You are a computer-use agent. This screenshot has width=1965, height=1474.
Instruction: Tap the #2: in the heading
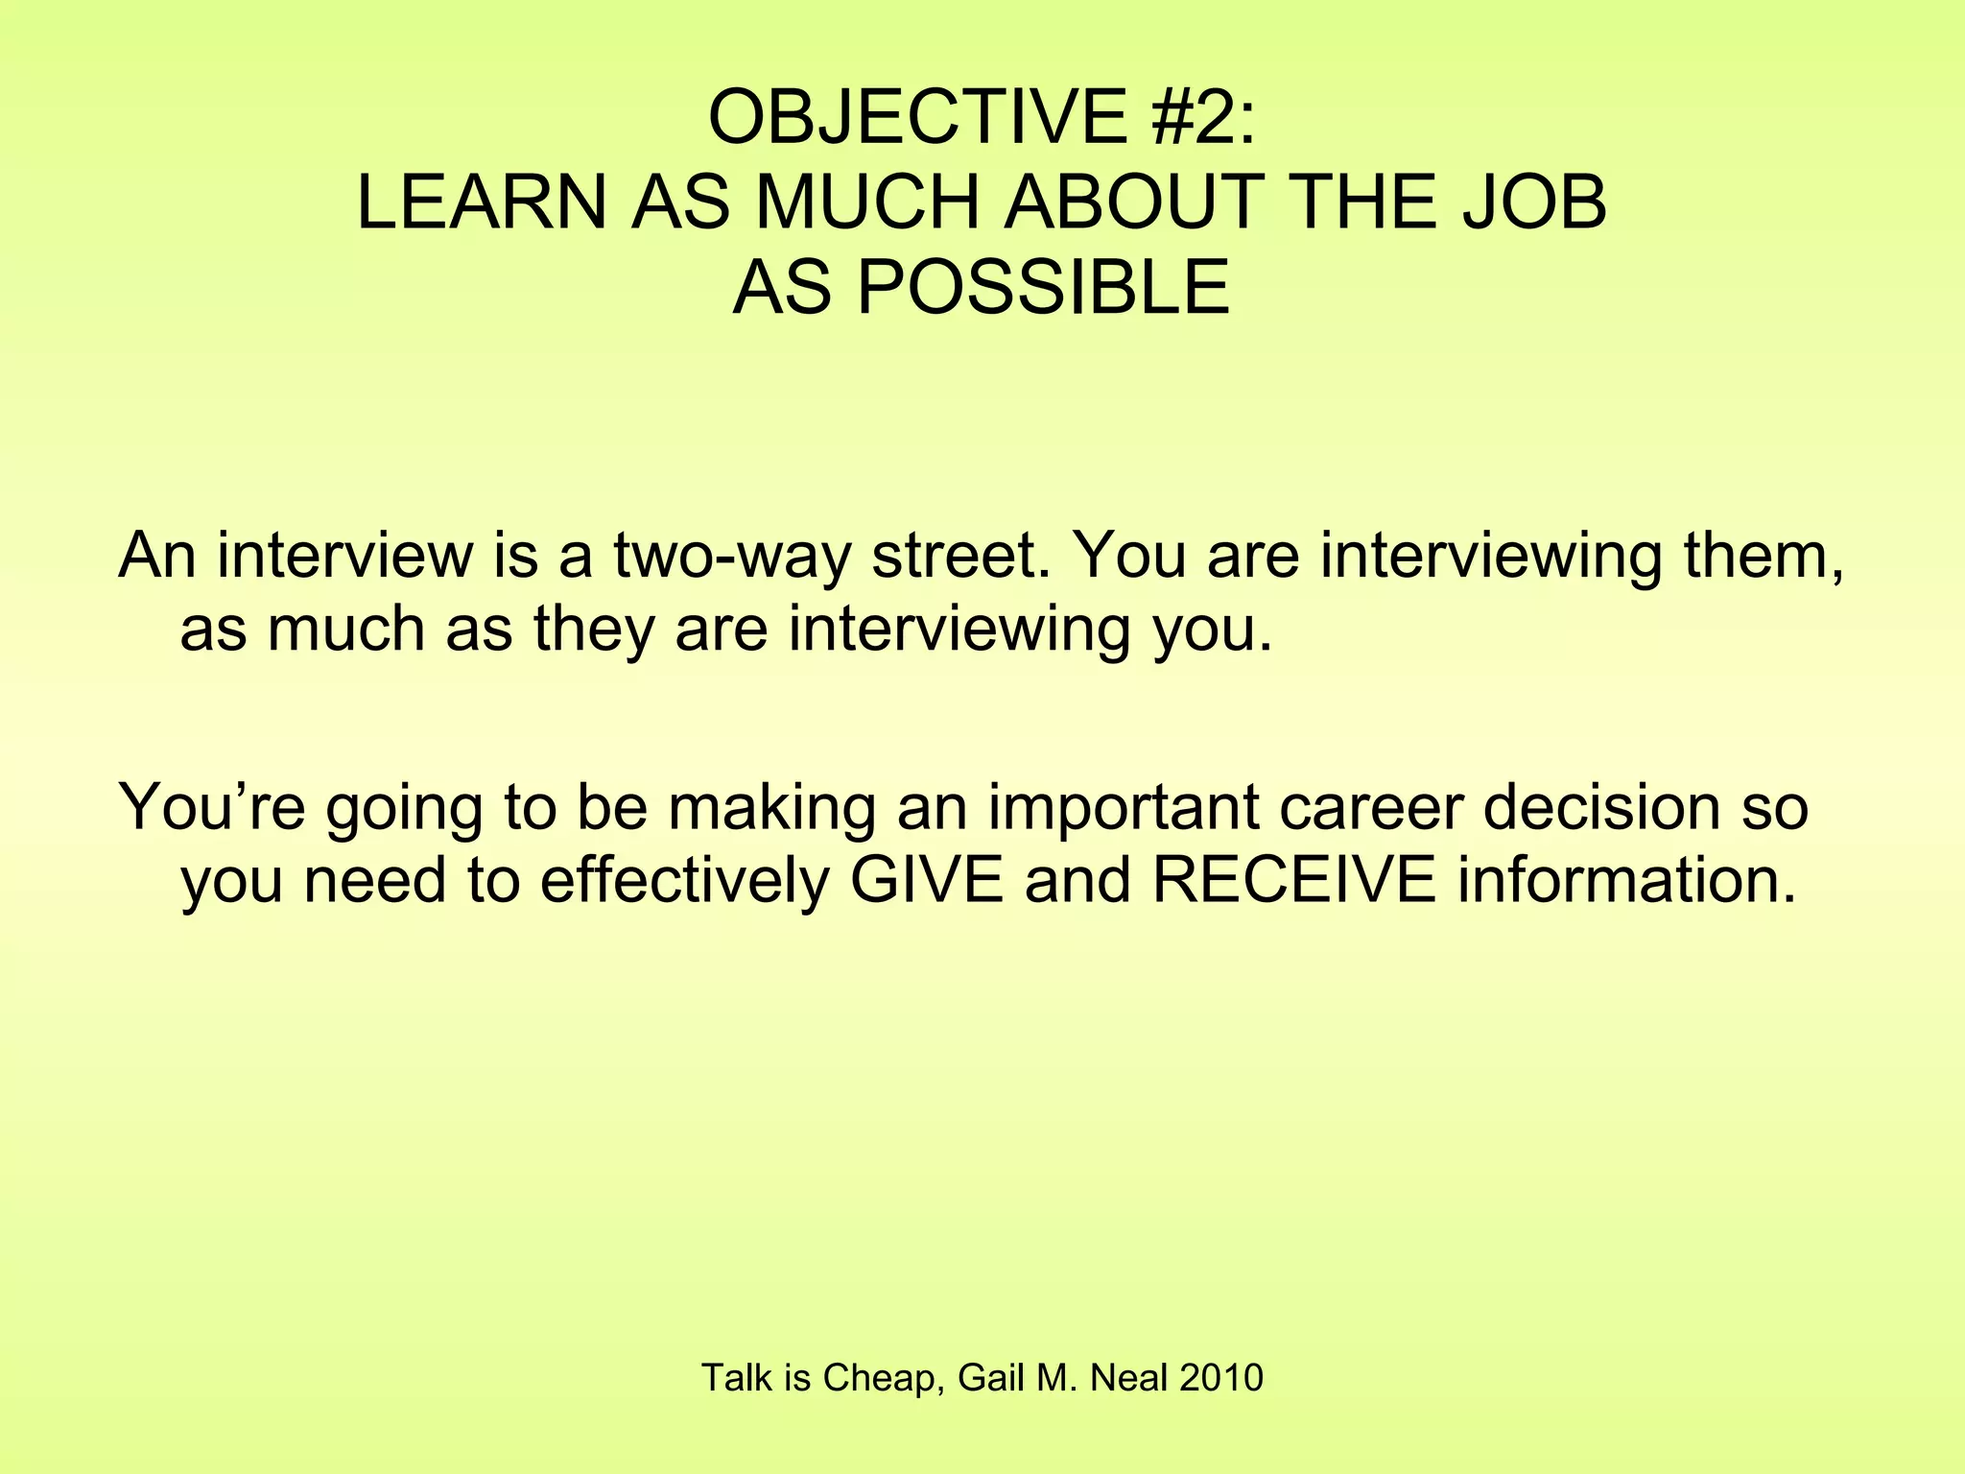(x=1199, y=117)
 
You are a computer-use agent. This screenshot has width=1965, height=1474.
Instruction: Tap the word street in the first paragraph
(x=959, y=557)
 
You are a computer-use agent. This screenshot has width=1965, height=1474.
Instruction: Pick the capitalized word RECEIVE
(x=1293, y=881)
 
